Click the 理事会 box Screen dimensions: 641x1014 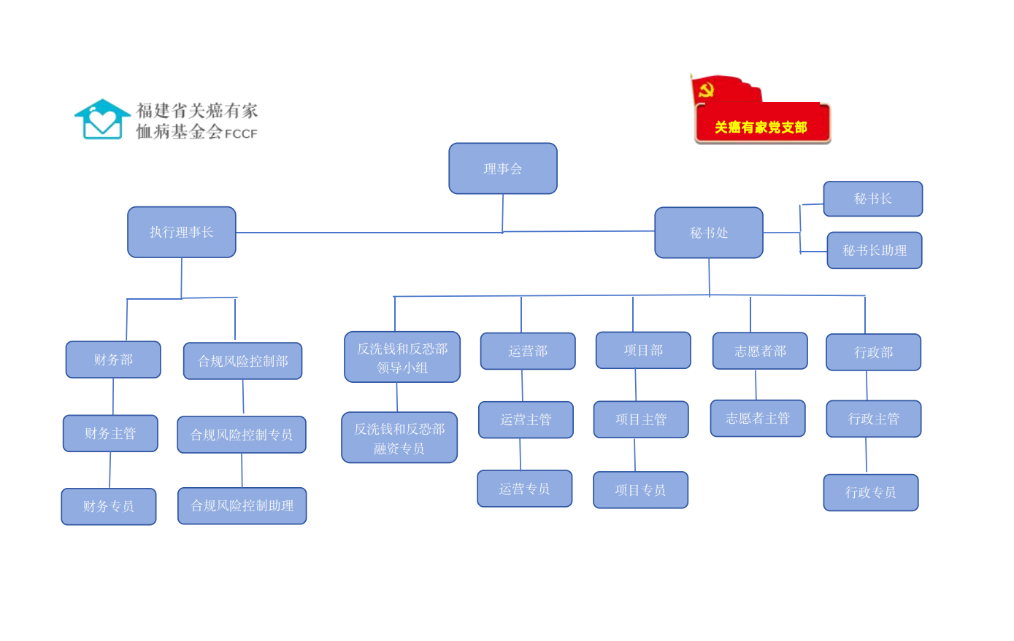point(503,168)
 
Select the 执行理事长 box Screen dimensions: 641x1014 point(182,232)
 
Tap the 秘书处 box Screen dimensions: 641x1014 point(709,233)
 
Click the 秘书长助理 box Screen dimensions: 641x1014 point(875,250)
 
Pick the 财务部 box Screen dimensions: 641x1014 point(113,360)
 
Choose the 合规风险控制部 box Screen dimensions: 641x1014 point(242,361)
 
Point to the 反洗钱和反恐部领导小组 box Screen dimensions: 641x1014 point(402,357)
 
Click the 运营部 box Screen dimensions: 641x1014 point(528,351)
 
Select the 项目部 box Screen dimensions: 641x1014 point(643,350)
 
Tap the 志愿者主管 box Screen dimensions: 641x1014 point(758,418)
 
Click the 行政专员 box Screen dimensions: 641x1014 point(871,492)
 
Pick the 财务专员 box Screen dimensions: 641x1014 point(109,506)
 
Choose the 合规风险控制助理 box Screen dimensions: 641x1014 point(242,505)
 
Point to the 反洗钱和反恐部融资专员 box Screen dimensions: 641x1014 point(399,438)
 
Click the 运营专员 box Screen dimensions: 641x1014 point(525,489)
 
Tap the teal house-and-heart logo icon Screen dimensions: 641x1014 point(102,120)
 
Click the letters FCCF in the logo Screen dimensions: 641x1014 point(241,133)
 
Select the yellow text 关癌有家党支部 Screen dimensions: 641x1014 point(761,128)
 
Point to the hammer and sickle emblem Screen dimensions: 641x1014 point(705,90)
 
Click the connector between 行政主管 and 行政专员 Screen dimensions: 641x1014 point(867,455)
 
